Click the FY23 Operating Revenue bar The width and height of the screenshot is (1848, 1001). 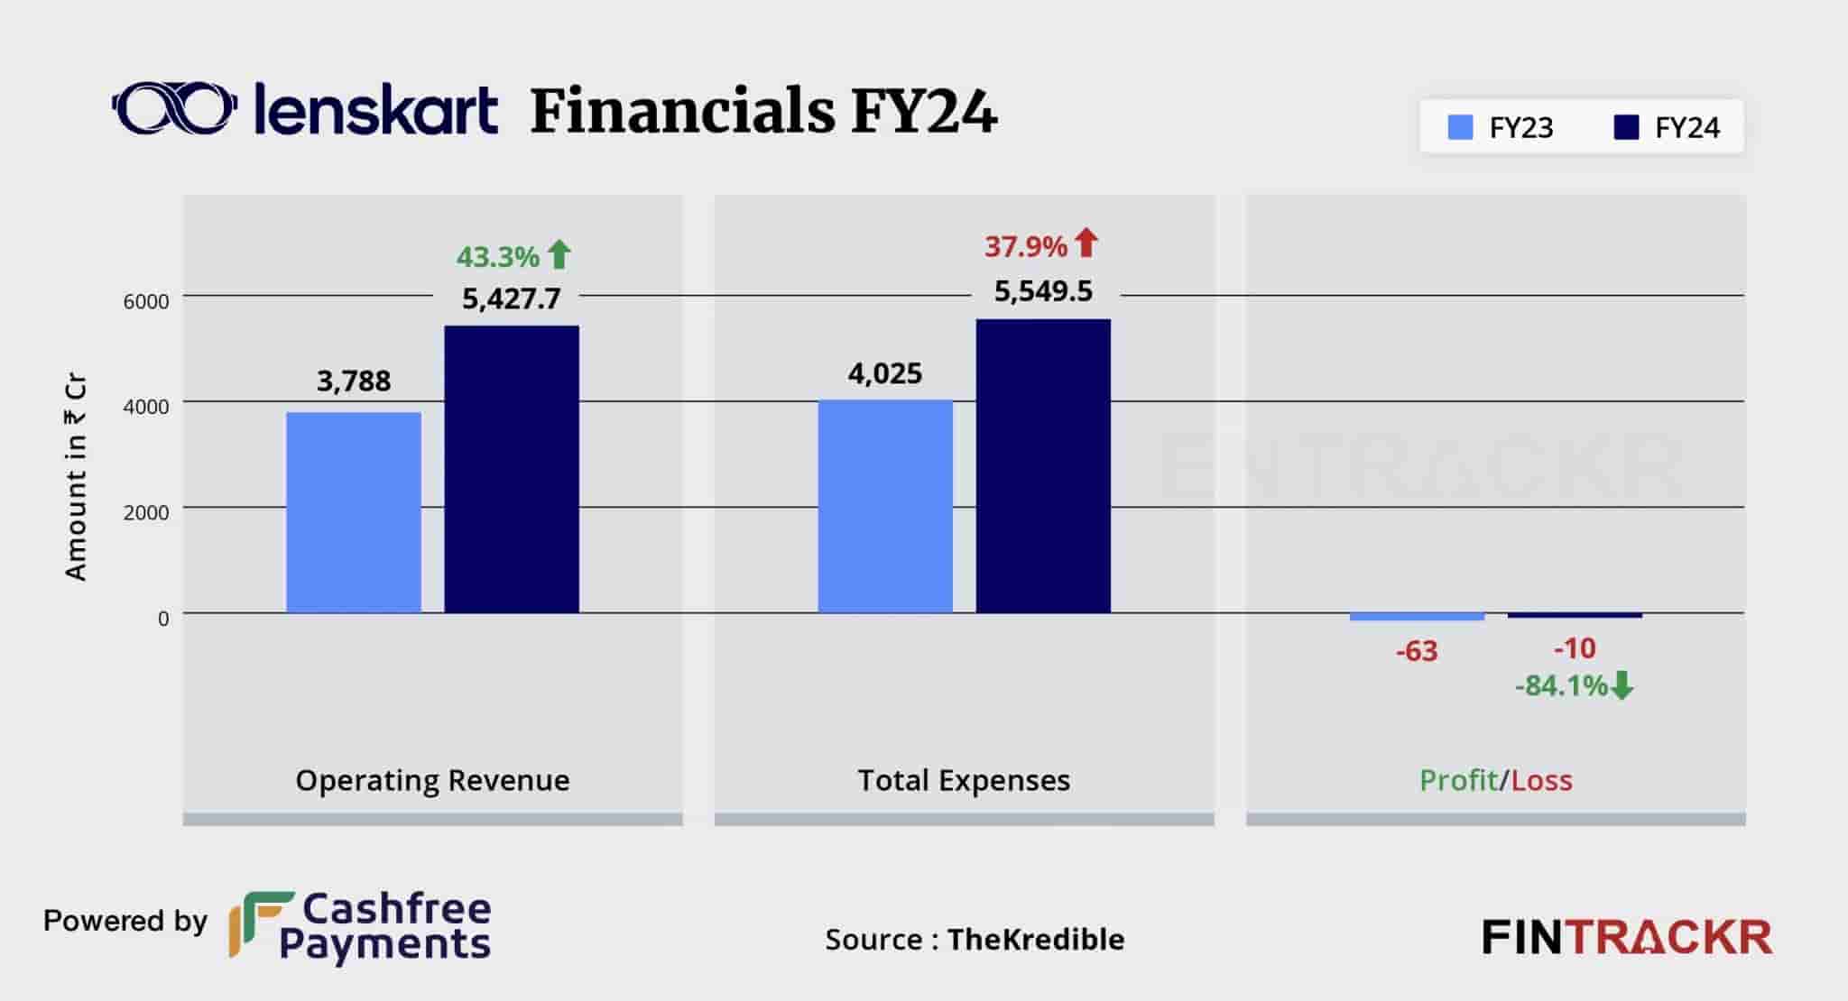[x=354, y=512]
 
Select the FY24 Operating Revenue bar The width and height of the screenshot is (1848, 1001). [x=512, y=469]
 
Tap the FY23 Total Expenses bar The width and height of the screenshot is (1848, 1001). [x=885, y=506]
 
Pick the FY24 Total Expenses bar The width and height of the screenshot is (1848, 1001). [x=1043, y=466]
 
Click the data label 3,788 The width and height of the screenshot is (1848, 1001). [x=354, y=381]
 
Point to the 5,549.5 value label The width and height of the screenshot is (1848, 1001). [x=1043, y=291]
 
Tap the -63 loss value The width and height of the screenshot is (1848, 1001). [x=1416, y=651]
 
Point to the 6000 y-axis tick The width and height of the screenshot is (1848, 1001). [x=146, y=302]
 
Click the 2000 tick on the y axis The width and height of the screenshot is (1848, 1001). [x=146, y=513]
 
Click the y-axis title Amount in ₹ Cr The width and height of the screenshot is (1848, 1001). [x=76, y=477]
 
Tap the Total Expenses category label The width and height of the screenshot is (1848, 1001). [x=964, y=780]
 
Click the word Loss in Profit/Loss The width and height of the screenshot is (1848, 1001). [x=1541, y=780]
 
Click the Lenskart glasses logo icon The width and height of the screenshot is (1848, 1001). [x=175, y=110]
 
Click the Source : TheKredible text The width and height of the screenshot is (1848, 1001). [x=975, y=940]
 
